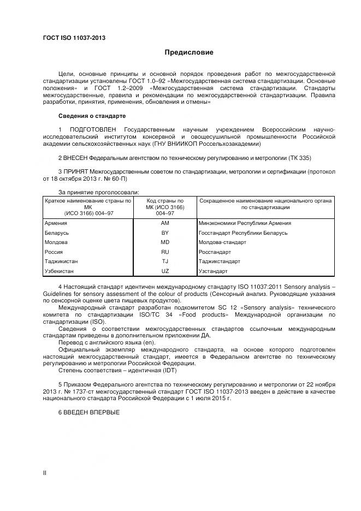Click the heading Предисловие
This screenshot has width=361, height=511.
coord(189,52)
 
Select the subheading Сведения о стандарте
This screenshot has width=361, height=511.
coord(92,116)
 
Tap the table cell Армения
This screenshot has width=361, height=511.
coord(55,223)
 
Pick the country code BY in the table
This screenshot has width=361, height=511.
coord(165,233)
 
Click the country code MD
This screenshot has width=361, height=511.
coord(165,242)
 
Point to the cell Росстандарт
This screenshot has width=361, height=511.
coord(215,252)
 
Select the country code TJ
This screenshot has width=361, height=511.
coord(165,262)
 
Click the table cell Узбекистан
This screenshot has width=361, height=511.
coord(58,271)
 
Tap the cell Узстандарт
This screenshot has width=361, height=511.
coord(213,271)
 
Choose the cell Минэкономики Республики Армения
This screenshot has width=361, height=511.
coord(245,223)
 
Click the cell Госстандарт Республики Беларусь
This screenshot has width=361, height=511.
coord(243,233)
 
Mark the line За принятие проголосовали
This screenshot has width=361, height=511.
coord(98,192)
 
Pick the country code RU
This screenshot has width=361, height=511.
coord(165,252)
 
